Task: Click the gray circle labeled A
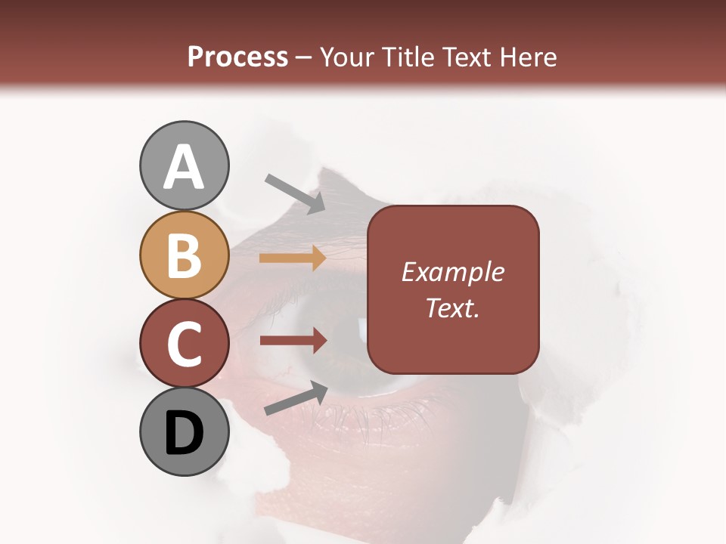tap(184, 165)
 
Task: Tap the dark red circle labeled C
tap(184, 343)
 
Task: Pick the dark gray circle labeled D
tap(184, 431)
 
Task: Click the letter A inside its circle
tap(184, 167)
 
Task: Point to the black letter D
tap(184, 433)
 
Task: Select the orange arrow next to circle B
tap(292, 259)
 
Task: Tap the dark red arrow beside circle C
tap(292, 341)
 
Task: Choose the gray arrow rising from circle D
tap(295, 399)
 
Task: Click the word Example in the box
tap(452, 273)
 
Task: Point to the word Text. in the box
tap(452, 308)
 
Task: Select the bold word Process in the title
tap(237, 57)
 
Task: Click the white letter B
tap(184, 256)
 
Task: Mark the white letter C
tap(184, 345)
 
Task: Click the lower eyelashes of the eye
tap(378, 419)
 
